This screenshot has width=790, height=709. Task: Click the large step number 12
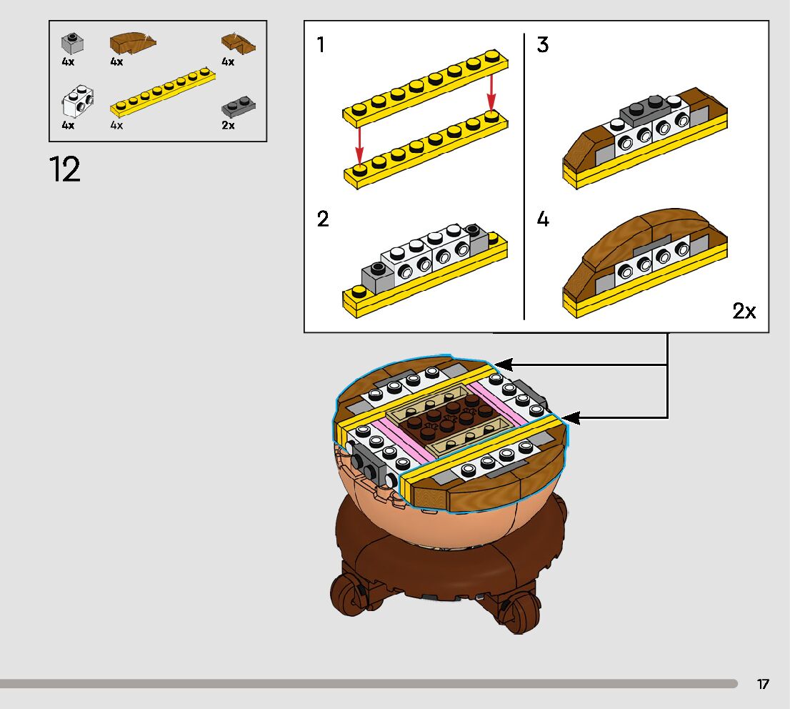[x=65, y=169]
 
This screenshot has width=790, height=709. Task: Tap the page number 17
[x=763, y=684]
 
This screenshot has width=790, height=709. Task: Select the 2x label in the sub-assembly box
[x=744, y=311]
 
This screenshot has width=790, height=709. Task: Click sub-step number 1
[x=321, y=45]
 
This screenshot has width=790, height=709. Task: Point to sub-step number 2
[x=323, y=219]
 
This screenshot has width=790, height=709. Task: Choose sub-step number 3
[x=543, y=45]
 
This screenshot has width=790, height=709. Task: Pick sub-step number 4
[x=543, y=219]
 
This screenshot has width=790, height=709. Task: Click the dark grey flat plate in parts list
[x=239, y=107]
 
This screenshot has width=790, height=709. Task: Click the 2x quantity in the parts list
[x=229, y=125]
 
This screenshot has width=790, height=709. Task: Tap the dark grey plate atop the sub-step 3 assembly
[x=645, y=109]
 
